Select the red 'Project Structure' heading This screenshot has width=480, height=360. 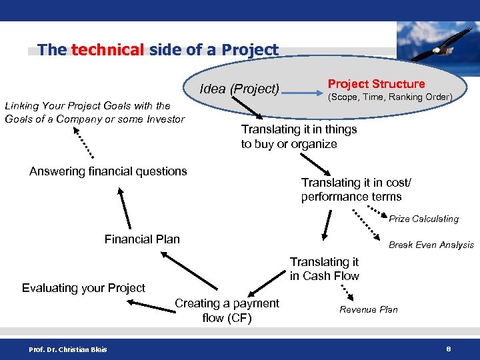point(376,84)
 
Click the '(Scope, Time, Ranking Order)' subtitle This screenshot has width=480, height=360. point(389,97)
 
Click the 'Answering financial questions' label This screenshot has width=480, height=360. point(108,171)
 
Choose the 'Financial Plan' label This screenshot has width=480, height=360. point(142,239)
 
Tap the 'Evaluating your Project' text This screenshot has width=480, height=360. point(83,288)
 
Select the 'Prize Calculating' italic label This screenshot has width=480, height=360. point(423,219)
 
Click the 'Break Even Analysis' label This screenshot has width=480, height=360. point(431,245)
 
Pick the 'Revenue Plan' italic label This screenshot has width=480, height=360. point(368,309)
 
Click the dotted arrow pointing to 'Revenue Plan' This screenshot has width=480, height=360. point(347,291)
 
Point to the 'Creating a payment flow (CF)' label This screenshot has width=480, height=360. point(227,311)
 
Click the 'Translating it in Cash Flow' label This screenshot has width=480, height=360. point(324,269)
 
